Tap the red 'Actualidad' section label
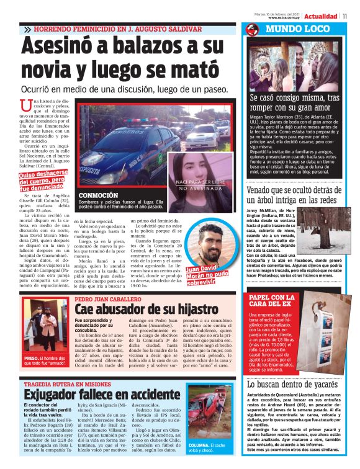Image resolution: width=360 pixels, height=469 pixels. (324, 16)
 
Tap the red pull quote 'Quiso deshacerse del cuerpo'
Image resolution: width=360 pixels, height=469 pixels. (41, 180)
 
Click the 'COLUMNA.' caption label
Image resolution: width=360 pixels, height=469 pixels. (200, 445)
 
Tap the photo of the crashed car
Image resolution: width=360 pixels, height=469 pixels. (210, 411)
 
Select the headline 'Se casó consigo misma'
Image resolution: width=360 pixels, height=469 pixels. (294, 102)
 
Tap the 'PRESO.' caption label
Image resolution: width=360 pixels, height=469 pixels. (31, 358)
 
